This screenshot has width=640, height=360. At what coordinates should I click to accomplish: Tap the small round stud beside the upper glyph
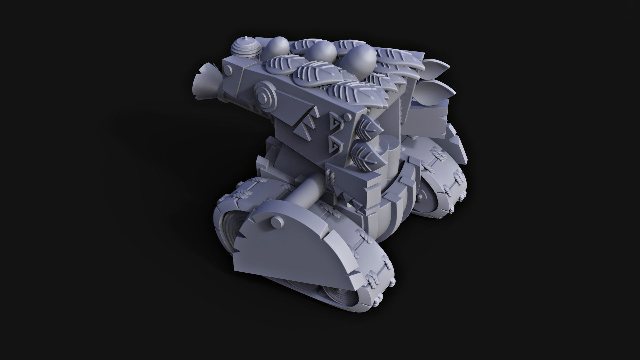[x=347, y=117]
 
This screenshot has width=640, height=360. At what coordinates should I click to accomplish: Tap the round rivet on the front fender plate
[x=276, y=221]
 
